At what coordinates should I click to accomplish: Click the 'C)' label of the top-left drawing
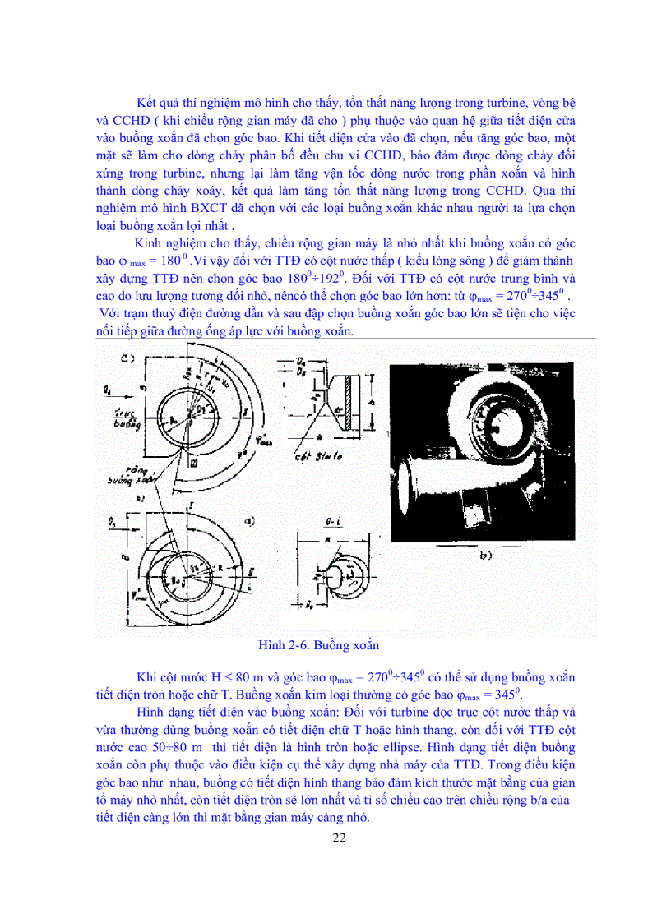pyautogui.click(x=127, y=358)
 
